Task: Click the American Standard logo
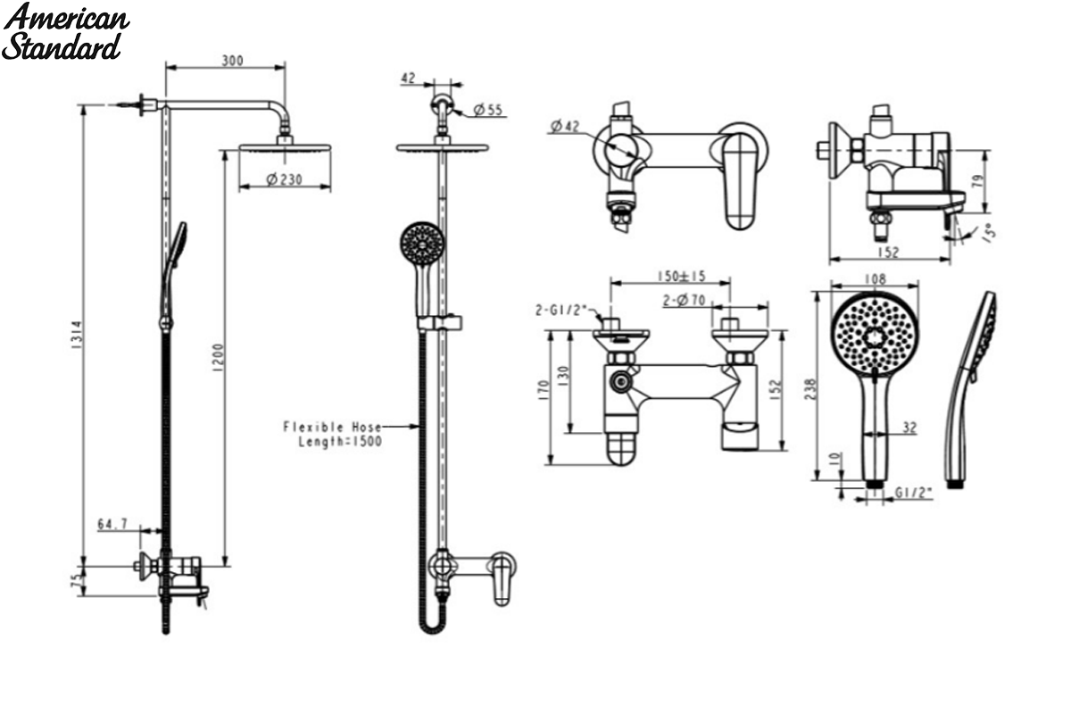[65, 32]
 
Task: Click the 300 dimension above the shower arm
[232, 61]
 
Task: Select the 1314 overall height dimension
[77, 335]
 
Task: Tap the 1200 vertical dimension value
[218, 358]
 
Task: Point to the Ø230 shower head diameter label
[285, 179]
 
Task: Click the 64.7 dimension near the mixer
[112, 524]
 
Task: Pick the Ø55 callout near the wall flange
[487, 110]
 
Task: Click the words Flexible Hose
[332, 427]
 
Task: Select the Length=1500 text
[340, 442]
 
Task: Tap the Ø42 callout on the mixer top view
[565, 126]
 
